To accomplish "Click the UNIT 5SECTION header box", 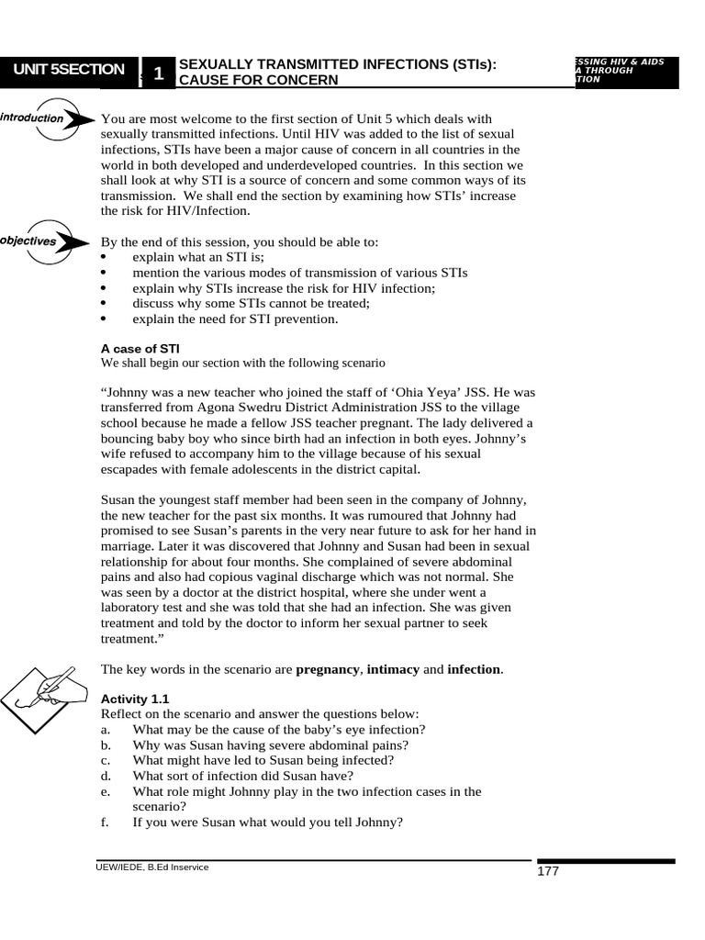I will (x=68, y=71).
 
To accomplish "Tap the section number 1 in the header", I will (x=159, y=73).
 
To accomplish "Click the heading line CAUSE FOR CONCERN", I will (x=258, y=81).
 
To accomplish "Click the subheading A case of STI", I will (x=140, y=348).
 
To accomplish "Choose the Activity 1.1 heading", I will (x=134, y=699).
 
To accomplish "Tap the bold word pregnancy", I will (x=327, y=669).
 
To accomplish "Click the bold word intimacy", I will (x=393, y=669).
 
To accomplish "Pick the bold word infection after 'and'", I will (x=474, y=669).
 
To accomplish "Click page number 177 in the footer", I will (x=548, y=871).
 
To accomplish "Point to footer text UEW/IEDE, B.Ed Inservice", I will (x=152, y=867).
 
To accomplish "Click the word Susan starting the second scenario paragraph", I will (x=119, y=499).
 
